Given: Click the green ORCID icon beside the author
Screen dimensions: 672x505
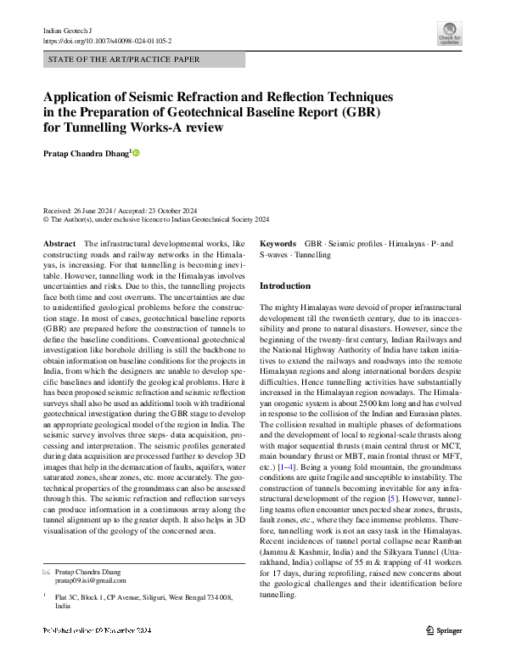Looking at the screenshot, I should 135,153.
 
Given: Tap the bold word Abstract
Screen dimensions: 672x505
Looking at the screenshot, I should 59,244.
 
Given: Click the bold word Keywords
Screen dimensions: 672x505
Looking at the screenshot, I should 278,244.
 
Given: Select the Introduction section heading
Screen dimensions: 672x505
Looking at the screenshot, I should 285,286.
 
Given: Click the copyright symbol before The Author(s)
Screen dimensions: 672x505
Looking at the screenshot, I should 46,218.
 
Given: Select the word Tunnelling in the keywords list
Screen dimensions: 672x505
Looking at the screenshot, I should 312,254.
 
